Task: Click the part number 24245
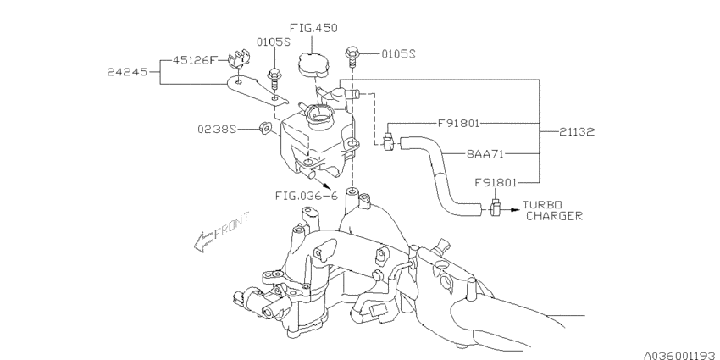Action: point(128,72)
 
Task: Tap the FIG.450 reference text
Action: point(313,28)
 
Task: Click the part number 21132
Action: point(577,132)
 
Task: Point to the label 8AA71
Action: point(485,154)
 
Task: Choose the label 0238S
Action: point(217,130)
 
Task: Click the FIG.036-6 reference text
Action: point(307,196)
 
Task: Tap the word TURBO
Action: point(542,205)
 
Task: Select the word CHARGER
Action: point(554,216)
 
